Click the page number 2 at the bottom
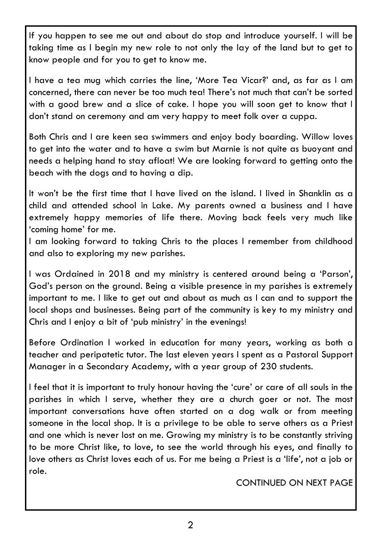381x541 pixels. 190,526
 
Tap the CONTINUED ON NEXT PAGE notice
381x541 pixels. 294,482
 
